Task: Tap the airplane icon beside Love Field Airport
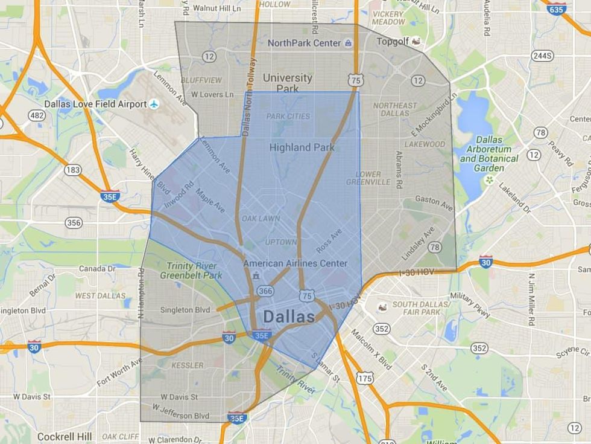point(155,104)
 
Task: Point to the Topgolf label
point(393,42)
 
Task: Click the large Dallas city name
point(289,317)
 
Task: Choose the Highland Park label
point(302,147)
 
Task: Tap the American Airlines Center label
point(295,263)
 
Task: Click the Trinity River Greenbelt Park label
point(191,270)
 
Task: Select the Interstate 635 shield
point(557,8)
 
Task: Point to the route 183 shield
point(73,170)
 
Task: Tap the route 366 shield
point(264,291)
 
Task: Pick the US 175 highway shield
point(364,378)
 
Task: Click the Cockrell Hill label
point(65,436)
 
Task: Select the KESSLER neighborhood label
point(188,365)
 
